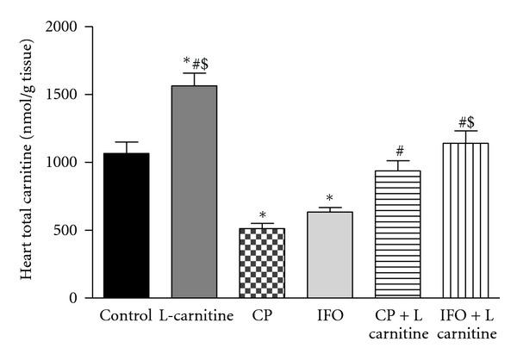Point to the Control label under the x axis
coord(126,315)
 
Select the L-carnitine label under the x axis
coord(196,315)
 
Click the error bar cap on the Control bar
coord(126,142)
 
